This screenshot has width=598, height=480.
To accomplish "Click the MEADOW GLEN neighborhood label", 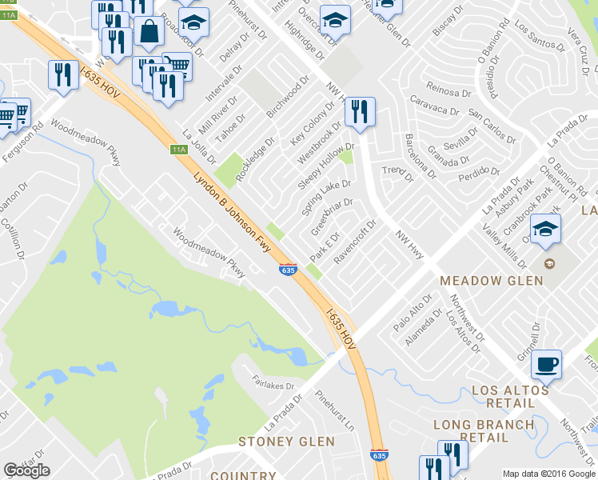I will pos(492,281).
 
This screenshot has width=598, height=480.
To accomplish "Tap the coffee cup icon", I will pos(546,366).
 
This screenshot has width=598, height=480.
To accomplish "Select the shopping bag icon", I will pos(149,32).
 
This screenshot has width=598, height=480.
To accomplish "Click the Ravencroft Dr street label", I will pos(354,242).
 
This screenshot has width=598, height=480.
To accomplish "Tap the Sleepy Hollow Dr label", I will pos(325,166).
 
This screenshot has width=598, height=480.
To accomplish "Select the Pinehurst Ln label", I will pos(334,408).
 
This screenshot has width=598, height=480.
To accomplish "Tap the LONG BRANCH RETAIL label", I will pos(483,431).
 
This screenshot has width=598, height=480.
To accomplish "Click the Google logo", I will pos(26,470).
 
